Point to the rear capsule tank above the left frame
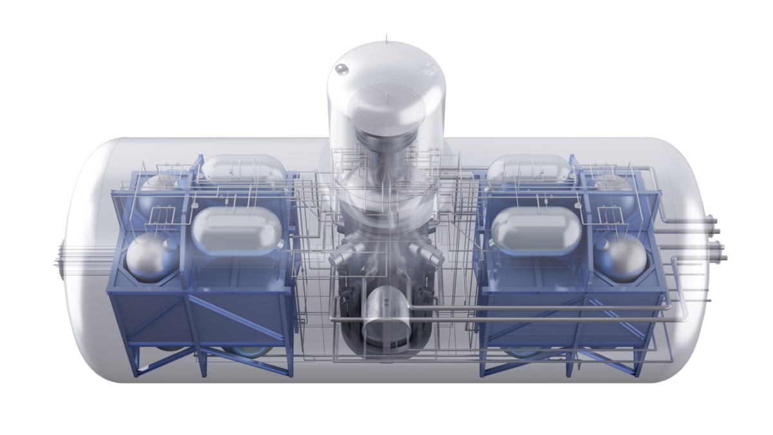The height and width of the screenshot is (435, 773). (243, 169)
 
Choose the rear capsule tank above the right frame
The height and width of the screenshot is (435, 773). (528, 169)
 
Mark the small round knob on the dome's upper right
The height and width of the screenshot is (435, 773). (431, 69)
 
